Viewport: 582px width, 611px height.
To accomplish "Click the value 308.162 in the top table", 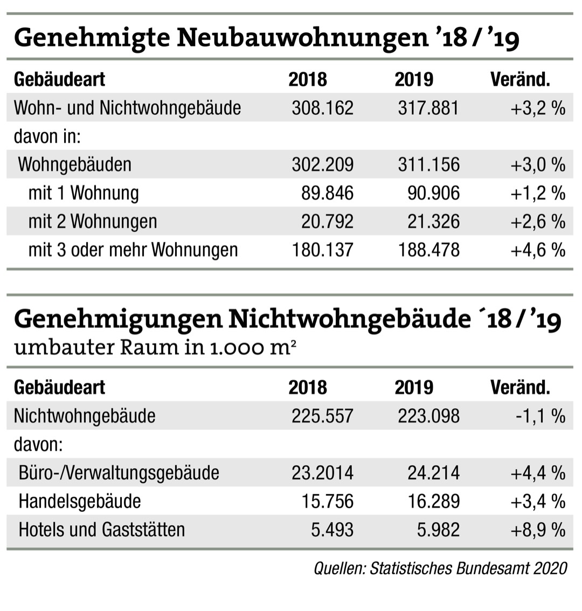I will click(322, 108).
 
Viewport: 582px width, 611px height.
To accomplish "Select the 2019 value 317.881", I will click(428, 108).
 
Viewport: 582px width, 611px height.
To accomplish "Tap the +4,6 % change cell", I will click(538, 250).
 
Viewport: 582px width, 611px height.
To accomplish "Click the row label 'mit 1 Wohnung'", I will click(83, 193).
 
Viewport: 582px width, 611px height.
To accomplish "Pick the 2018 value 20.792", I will click(328, 222).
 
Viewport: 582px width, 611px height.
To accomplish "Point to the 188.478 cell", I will click(428, 250).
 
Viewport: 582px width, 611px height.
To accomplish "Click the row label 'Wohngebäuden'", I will click(74, 164).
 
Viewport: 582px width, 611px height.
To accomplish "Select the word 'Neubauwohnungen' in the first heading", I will click(301, 38).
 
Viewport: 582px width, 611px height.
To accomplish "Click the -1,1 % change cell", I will click(546, 416).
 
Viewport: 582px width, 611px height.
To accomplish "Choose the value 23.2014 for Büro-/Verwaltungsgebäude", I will click(322, 473).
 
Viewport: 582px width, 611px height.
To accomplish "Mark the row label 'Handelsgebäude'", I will click(79, 502).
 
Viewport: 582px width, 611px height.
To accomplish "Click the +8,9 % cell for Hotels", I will click(538, 530).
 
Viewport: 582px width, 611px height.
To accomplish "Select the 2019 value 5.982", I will click(438, 530).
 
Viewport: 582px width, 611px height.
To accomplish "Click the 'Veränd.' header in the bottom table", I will click(520, 387).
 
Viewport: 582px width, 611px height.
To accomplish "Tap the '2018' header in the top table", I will click(307, 79).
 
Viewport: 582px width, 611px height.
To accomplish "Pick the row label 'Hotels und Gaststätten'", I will click(101, 530).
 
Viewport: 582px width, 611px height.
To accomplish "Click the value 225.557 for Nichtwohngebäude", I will click(322, 416).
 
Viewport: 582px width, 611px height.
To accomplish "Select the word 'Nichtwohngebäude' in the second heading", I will click(349, 319).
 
